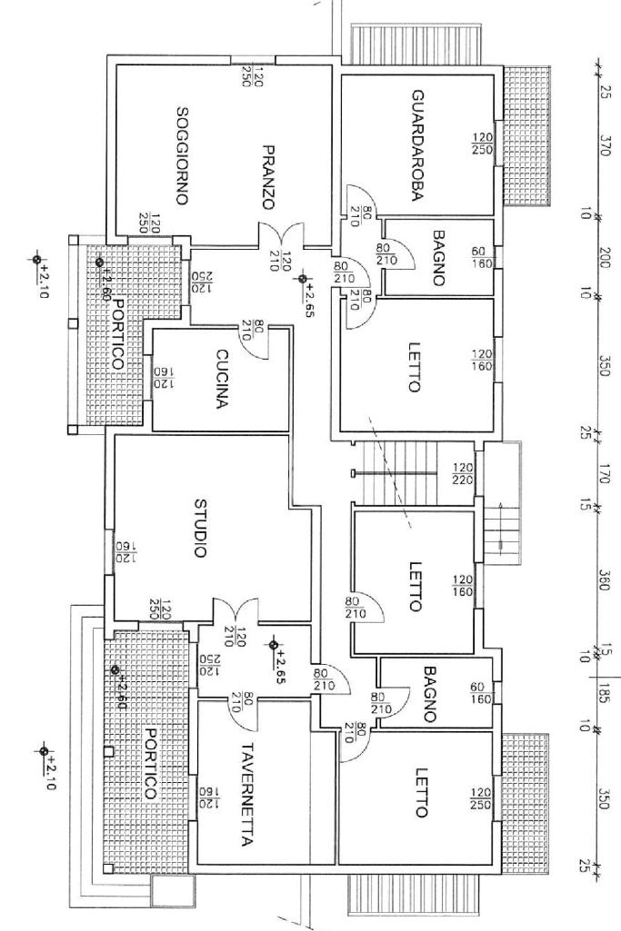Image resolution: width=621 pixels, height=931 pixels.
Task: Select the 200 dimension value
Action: click(x=605, y=256)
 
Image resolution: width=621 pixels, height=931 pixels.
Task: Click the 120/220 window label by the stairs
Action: click(x=462, y=473)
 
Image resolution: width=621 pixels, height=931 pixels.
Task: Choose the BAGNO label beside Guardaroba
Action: click(x=439, y=258)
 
